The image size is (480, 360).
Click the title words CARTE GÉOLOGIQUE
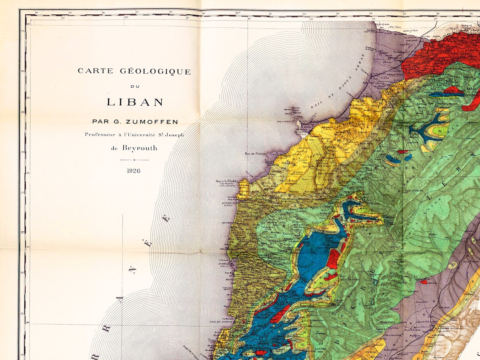[134, 71]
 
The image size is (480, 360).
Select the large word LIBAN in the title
[135, 102]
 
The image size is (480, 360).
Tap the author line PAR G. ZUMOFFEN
[135, 122]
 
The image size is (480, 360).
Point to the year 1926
[133, 171]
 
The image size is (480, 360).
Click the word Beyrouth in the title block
[140, 148]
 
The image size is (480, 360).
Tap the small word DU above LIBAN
[134, 86]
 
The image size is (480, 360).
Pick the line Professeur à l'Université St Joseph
[134, 135]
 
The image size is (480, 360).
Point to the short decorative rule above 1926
[134, 160]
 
